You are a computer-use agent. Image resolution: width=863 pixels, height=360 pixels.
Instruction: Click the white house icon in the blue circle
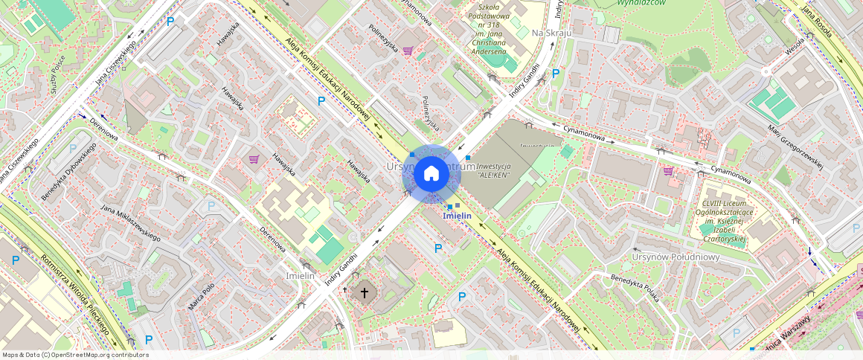[x=431, y=174]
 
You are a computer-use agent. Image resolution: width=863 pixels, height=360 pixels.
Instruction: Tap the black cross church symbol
[x=365, y=292]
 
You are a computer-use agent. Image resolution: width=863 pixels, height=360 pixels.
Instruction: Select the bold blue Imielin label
[x=458, y=216]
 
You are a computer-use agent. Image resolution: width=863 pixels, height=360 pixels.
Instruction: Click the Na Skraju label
[x=551, y=33]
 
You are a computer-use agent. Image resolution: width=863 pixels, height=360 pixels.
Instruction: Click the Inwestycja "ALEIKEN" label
[x=498, y=171]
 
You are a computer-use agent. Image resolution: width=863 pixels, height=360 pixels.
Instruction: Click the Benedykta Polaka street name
[x=635, y=289]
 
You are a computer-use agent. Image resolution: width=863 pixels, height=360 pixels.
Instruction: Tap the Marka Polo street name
[x=201, y=297]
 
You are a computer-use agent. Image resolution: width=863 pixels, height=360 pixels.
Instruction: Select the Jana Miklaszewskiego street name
[x=131, y=222]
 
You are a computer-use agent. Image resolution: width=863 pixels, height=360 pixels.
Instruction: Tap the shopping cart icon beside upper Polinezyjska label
[x=408, y=51]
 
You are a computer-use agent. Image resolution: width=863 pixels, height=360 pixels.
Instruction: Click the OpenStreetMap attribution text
[x=76, y=355]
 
